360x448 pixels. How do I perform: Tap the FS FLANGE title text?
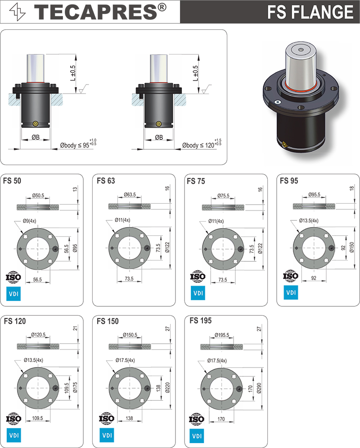(310, 12)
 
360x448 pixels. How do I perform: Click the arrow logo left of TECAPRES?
(18, 12)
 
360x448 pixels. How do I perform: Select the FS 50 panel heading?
(12, 181)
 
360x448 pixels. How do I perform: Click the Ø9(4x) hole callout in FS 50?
(29, 221)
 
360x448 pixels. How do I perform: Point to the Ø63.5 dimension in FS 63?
(130, 195)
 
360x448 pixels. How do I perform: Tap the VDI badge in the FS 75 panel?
(198, 293)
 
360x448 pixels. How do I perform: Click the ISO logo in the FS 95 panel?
(291, 276)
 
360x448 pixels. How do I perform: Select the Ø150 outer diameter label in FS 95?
(352, 247)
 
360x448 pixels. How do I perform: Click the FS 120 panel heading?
(15, 321)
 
